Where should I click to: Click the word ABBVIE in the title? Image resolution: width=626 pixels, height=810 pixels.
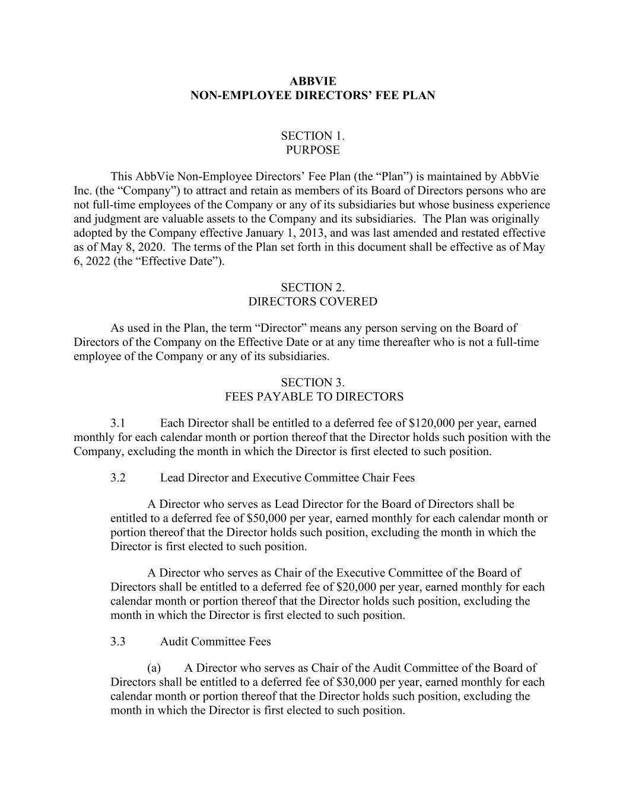tap(313, 81)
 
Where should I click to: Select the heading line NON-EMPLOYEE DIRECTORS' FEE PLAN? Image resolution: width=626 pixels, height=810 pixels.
tap(313, 96)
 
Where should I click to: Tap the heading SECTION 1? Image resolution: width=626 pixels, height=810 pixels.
tap(313, 136)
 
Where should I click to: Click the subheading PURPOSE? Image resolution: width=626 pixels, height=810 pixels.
tap(313, 150)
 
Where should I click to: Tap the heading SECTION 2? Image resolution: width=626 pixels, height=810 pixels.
tap(313, 287)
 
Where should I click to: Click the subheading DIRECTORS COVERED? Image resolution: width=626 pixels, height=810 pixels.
tap(313, 301)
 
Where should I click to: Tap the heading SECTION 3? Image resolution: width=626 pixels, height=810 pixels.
tap(313, 383)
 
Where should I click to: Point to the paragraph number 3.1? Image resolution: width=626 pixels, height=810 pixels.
tap(117, 424)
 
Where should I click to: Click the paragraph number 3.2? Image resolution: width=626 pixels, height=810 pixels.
tap(117, 478)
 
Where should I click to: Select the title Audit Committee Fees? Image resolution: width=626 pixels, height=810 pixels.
tap(215, 642)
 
